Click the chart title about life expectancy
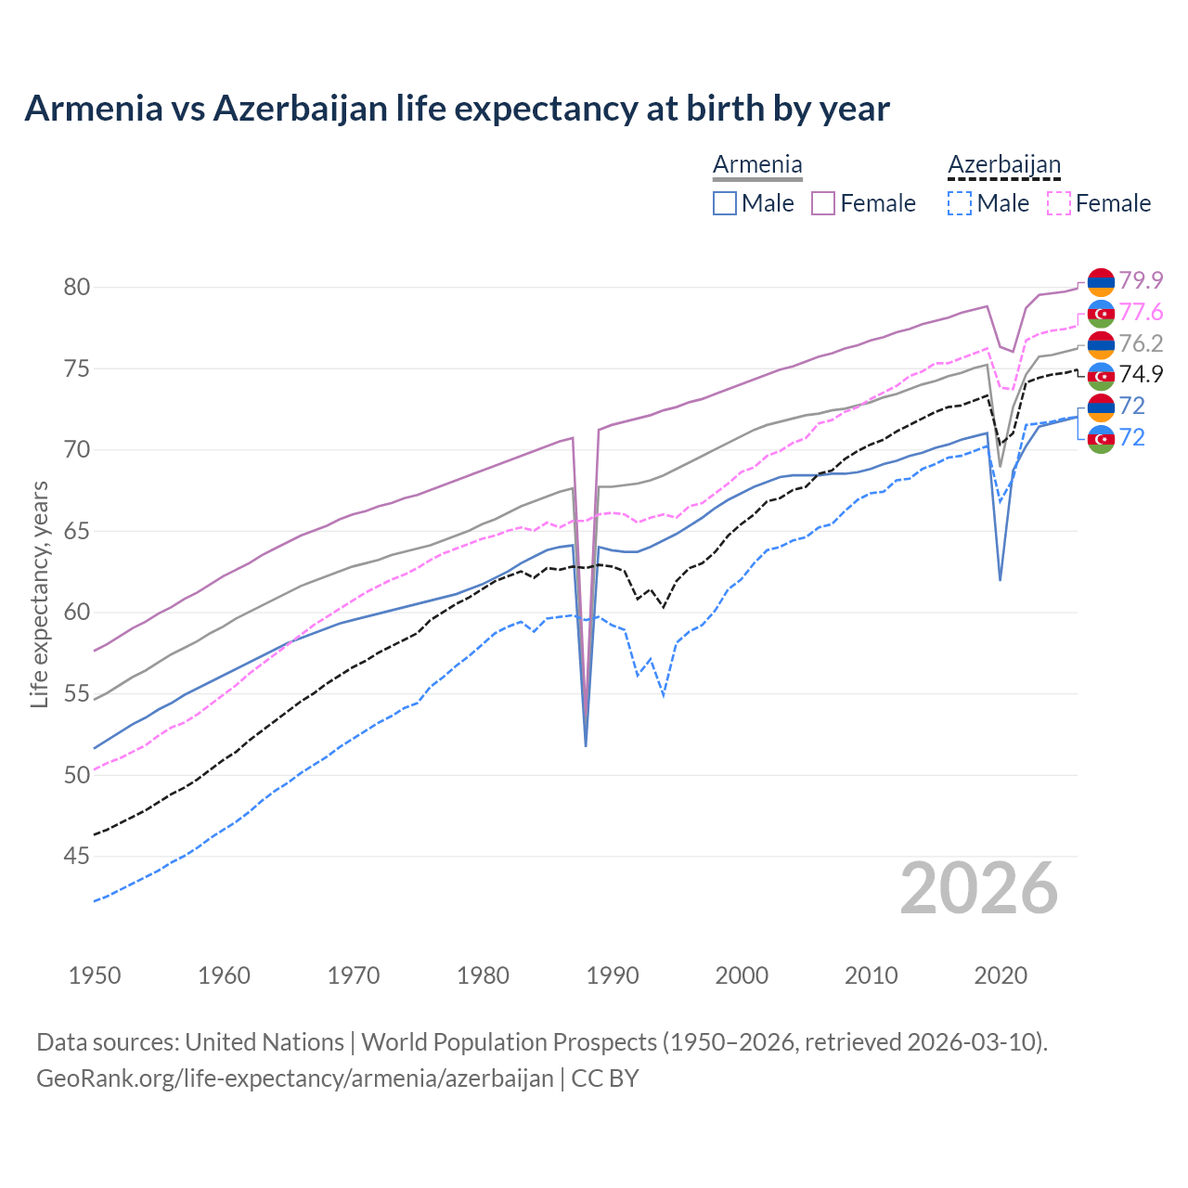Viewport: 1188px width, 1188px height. click(457, 109)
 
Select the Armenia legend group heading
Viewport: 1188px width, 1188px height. click(757, 165)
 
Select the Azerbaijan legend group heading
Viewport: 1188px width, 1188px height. click(1003, 165)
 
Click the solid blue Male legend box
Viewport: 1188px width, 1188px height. click(725, 203)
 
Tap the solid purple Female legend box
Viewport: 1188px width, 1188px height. click(823, 203)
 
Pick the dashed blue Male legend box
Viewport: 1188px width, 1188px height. click(960, 203)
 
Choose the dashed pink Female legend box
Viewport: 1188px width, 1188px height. click(1059, 203)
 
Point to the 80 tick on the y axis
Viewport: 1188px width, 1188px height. click(77, 288)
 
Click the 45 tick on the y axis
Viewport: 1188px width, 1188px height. click(77, 856)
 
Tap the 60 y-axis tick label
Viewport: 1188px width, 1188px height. click(77, 613)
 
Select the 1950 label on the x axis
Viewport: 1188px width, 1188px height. click(95, 975)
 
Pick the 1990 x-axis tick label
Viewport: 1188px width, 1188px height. click(613, 975)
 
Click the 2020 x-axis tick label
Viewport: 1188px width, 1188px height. click(1001, 975)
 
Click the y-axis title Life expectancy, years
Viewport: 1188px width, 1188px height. click(40, 594)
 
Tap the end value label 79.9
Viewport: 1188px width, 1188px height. click(1141, 280)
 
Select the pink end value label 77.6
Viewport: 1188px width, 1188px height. click(1141, 312)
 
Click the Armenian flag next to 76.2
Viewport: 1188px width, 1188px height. click(1101, 344)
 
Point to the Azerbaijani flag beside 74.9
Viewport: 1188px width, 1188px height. click(1101, 375)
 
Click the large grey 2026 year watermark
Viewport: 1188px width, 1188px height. click(979, 888)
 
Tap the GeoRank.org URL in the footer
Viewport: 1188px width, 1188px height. click(294, 1078)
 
